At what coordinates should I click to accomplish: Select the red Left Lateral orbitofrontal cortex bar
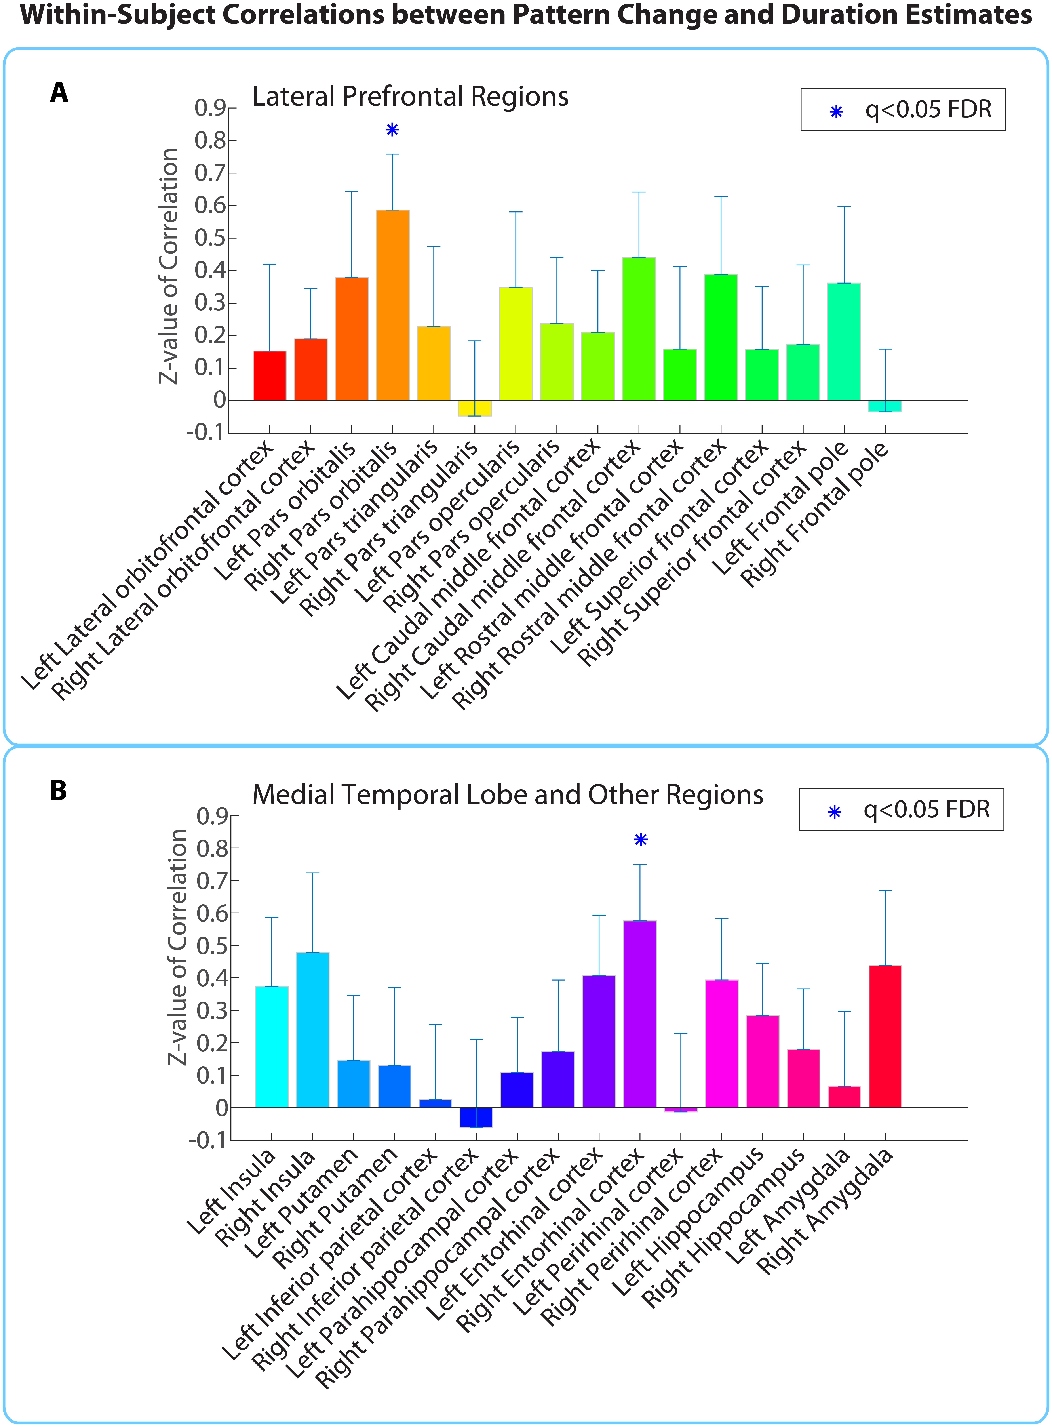269,376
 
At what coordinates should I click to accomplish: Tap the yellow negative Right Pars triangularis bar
474,408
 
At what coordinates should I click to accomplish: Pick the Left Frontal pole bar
844,342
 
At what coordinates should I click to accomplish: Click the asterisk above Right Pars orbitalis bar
392,130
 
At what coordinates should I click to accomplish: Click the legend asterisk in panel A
836,112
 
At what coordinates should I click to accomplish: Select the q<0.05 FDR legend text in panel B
926,810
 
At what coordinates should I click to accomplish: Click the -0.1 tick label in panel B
208,1140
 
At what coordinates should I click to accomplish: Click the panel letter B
59,791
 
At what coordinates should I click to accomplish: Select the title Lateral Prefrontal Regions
410,97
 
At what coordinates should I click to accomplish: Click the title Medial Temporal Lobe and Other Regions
508,795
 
